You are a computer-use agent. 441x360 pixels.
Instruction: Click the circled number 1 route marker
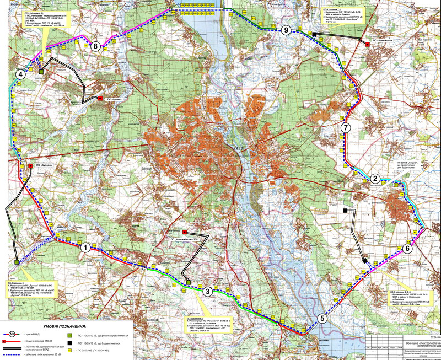tap(85, 248)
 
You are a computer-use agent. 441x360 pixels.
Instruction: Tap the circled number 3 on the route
tap(207, 292)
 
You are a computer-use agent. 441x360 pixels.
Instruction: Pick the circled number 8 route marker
tap(96, 46)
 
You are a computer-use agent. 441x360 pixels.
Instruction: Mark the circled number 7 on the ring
tap(346, 128)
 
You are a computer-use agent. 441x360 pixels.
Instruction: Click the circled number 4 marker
tap(20, 74)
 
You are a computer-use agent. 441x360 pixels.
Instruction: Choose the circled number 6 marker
tap(407, 248)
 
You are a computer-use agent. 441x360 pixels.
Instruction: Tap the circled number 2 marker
tap(375, 178)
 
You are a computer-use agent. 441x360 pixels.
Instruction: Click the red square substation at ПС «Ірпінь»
tap(100, 99)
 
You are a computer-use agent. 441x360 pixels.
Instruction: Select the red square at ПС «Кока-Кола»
tap(367, 44)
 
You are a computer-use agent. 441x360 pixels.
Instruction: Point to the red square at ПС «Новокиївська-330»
tap(184, 232)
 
